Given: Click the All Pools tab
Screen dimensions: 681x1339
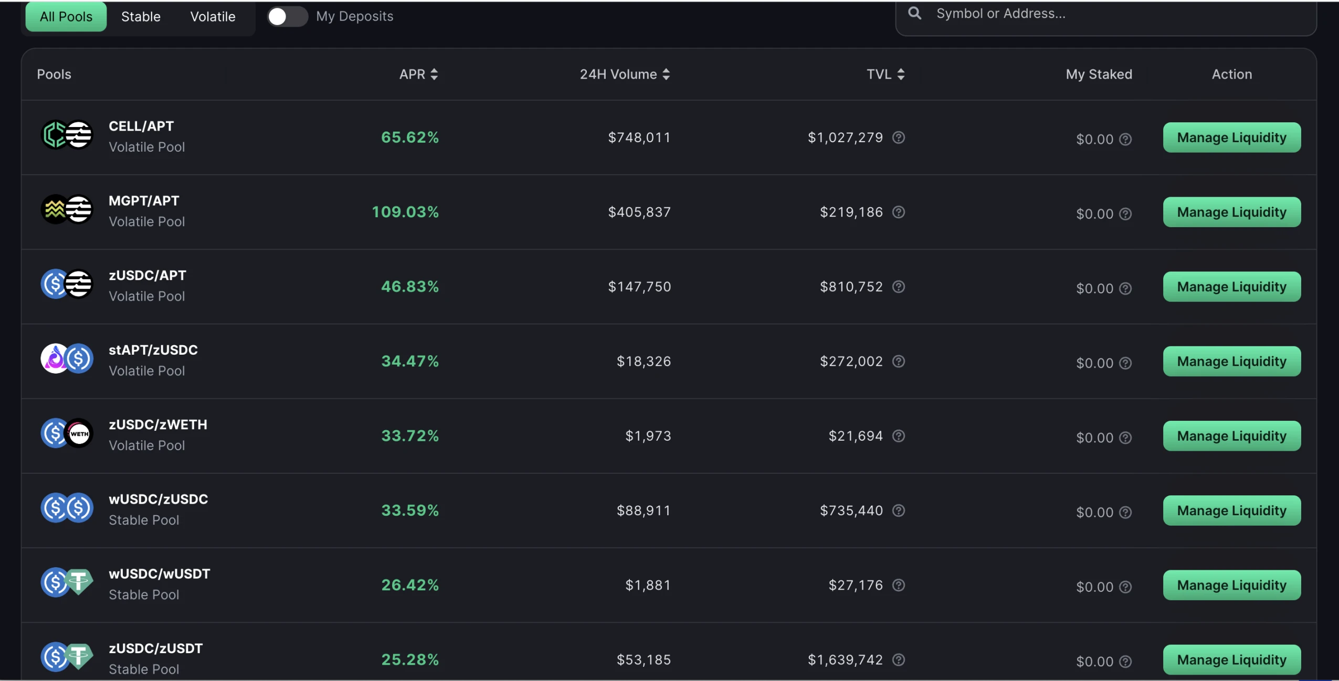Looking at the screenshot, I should click(x=66, y=17).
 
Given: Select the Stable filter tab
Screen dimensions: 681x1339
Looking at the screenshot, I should click(x=141, y=17).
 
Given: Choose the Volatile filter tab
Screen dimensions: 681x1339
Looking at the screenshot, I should click(x=213, y=17).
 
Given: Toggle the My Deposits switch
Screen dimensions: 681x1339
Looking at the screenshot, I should click(x=287, y=17).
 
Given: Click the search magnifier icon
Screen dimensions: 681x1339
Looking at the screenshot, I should click(x=914, y=13).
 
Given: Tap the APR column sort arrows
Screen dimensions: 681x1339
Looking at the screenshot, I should click(x=434, y=75).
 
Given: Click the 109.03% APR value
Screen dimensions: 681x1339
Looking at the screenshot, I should click(x=405, y=212).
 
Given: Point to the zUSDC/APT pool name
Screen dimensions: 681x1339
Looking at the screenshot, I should click(x=147, y=275).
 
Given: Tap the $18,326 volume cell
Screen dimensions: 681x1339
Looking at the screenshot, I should click(x=644, y=361).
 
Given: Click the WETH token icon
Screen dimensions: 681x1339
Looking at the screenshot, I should click(x=79, y=434).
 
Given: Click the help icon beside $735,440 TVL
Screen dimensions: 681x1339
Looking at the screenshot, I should click(x=899, y=510).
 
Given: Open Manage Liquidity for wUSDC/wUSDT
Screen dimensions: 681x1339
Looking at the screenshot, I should click(x=1231, y=585).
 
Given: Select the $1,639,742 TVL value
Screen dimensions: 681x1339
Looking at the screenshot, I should click(x=845, y=660).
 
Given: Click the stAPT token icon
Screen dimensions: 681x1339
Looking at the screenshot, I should click(x=55, y=359).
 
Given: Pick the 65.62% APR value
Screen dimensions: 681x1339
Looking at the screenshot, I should click(x=409, y=137).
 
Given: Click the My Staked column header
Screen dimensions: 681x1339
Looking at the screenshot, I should click(x=1099, y=75).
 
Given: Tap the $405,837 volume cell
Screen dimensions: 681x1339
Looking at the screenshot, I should click(x=639, y=212).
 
